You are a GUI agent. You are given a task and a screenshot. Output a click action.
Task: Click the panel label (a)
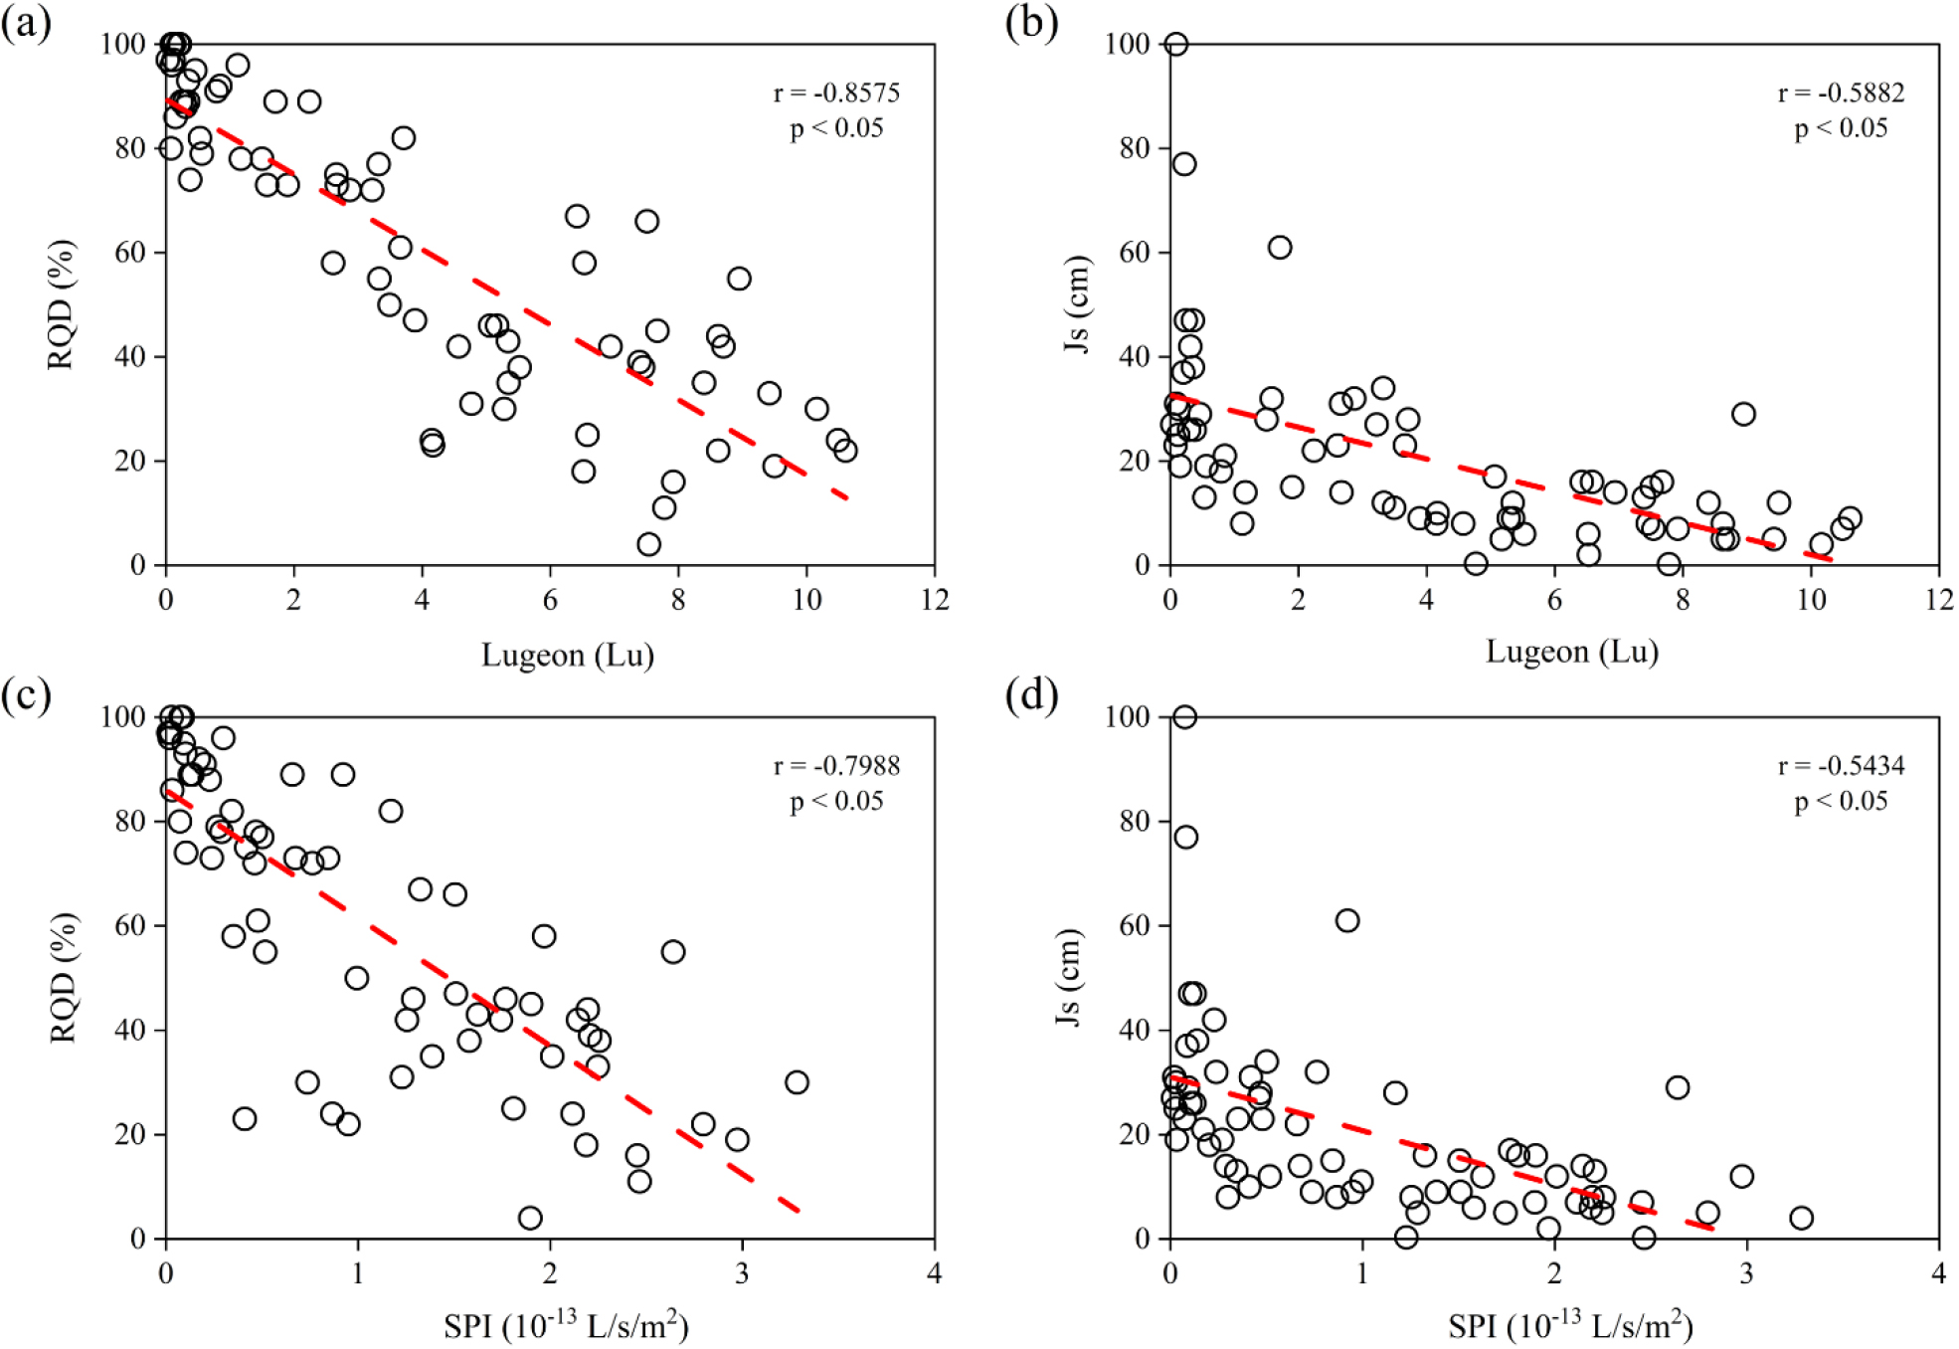click(26, 22)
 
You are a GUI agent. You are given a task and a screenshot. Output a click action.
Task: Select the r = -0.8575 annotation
click(836, 93)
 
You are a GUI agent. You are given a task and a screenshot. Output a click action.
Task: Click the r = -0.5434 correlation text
click(1841, 766)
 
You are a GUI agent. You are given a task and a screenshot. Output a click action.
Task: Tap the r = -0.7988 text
click(836, 766)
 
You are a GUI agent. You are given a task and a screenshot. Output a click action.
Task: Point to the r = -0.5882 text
click(1841, 93)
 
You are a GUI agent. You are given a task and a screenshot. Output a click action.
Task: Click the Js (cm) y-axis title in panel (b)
click(1077, 303)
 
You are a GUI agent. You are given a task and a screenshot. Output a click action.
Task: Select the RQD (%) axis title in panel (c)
click(62, 977)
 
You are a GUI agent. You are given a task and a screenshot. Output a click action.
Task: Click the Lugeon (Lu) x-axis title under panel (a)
click(568, 655)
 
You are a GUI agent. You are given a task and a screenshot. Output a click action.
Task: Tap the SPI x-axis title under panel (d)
click(1570, 1325)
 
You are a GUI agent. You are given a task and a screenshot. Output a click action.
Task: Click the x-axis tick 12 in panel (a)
click(935, 600)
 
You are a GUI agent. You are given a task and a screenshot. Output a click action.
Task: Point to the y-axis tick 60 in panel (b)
click(1134, 253)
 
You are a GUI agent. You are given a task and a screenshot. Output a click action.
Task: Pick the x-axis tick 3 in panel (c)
click(742, 1273)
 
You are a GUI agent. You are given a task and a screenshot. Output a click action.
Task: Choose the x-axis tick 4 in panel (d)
click(1938, 1273)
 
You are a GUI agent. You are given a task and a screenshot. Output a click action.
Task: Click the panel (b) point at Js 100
click(1176, 44)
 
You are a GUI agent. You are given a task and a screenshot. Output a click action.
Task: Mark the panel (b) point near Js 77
click(1183, 163)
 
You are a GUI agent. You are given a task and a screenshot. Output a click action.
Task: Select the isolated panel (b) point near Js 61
click(1280, 247)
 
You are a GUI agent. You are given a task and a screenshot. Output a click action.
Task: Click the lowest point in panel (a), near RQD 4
click(648, 544)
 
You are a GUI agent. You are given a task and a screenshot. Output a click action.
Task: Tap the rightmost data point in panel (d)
click(1801, 1218)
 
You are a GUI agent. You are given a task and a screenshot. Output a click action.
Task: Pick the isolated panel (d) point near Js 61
click(1347, 920)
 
